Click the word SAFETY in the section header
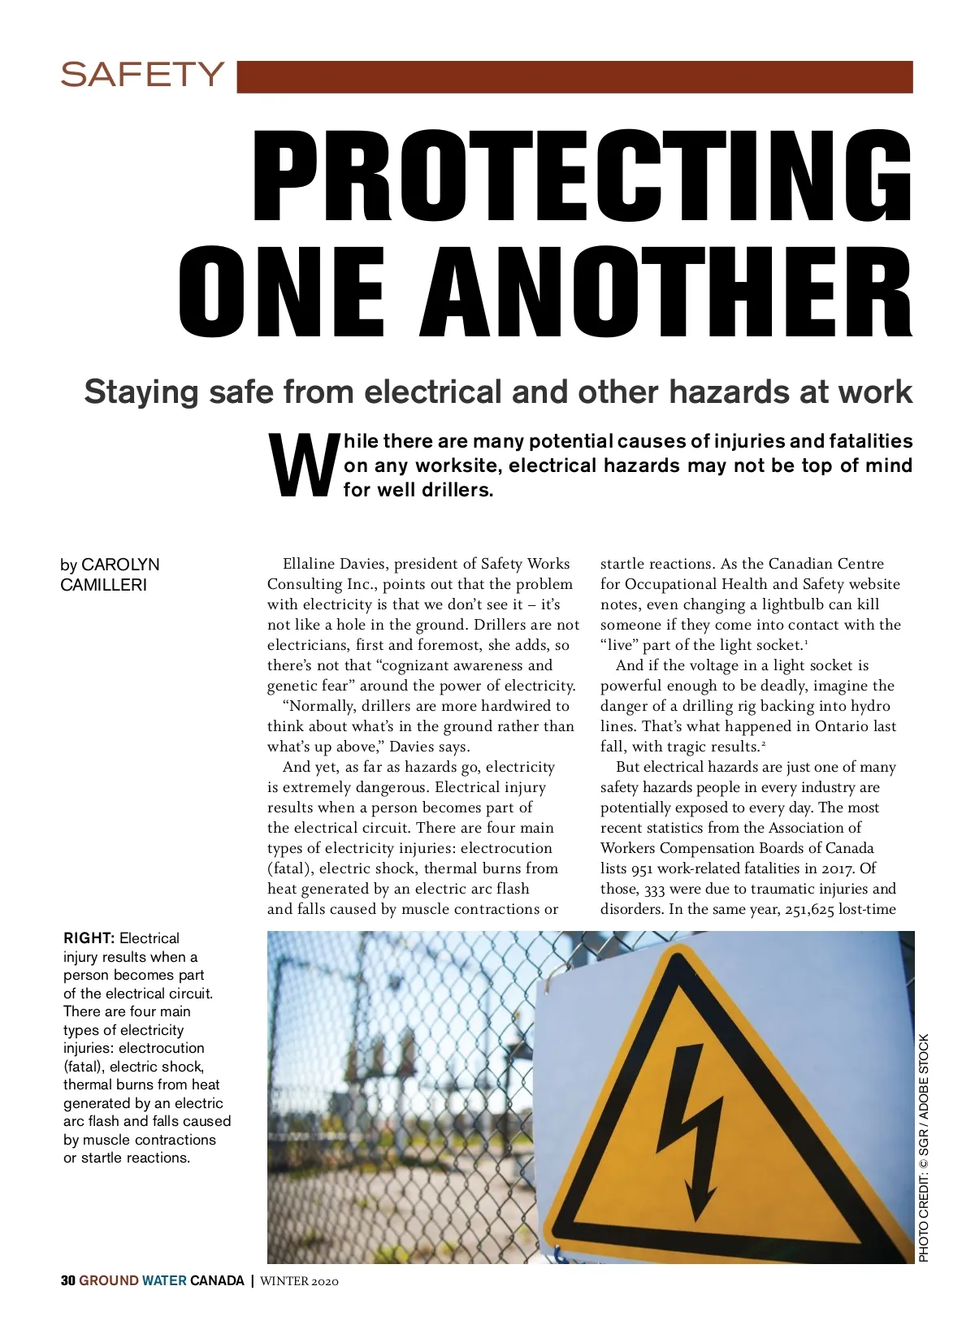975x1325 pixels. pos(141,75)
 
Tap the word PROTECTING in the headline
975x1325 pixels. pos(582,176)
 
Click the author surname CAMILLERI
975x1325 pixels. pos(103,585)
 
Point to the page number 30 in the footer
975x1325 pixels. pos(68,1281)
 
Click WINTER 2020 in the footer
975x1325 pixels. pos(299,1281)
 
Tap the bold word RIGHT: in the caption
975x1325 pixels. pos(89,938)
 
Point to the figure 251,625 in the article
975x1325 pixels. pos(809,909)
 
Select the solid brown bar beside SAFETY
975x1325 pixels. pos(575,76)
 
